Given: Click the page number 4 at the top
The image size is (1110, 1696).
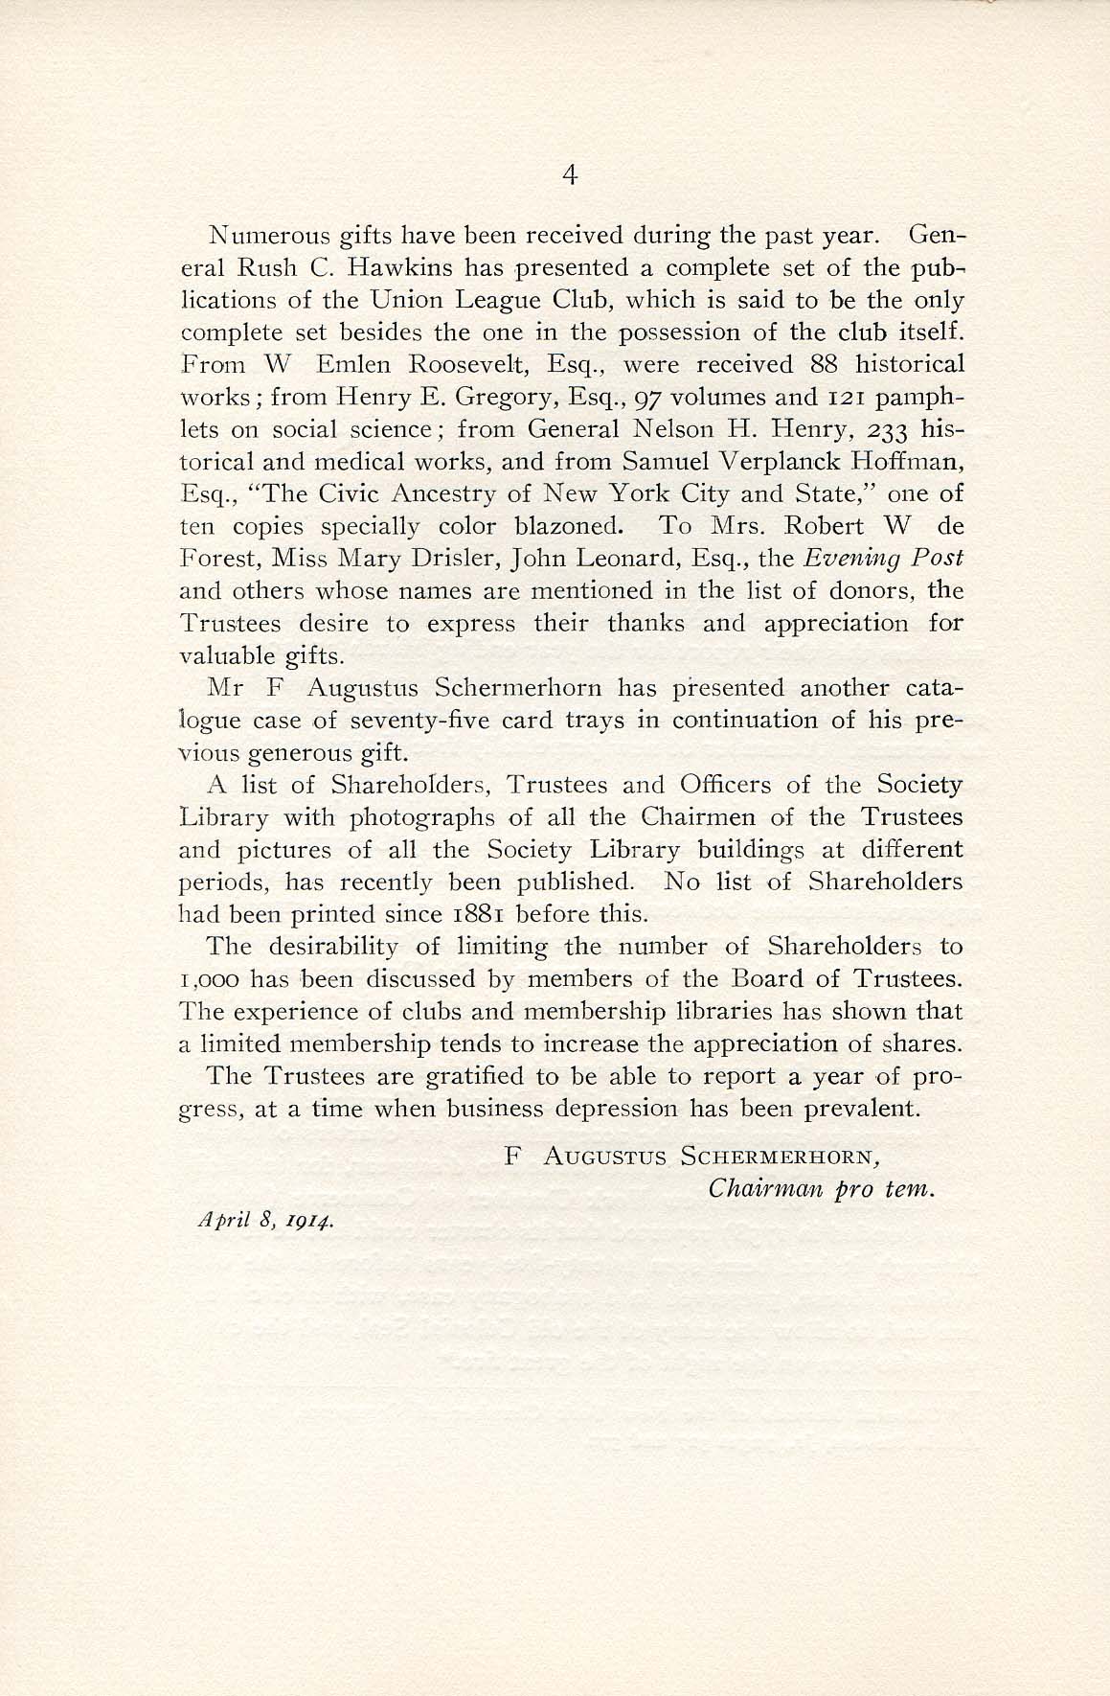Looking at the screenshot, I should pyautogui.click(x=570, y=174).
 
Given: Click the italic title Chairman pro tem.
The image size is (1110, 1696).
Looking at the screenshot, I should pyautogui.click(x=820, y=1189).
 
